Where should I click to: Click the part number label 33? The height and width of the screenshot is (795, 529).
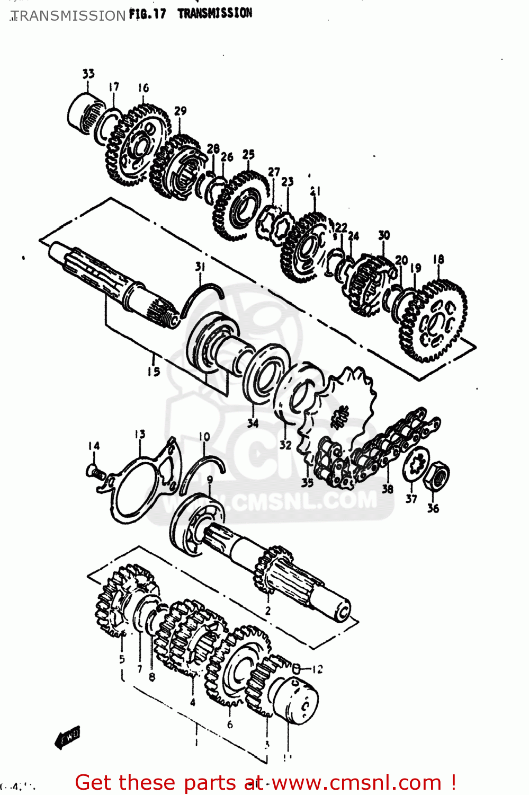coord(88,74)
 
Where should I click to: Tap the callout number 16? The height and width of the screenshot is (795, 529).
coord(143,88)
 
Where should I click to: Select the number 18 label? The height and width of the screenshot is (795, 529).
coord(438,259)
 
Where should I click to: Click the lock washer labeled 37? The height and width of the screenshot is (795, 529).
coord(416,465)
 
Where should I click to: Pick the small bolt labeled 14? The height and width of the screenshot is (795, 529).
coord(94,471)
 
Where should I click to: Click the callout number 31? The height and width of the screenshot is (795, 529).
coord(200,267)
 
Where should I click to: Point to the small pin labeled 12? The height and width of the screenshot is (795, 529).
coord(297,669)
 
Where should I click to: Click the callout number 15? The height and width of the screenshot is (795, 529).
coord(154,371)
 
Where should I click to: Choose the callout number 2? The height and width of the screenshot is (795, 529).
coord(268,611)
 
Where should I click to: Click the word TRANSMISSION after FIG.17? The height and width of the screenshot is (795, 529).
coord(214,13)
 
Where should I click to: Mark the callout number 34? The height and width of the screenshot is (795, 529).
coord(253,423)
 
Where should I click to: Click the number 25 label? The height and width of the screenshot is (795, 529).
coord(248,154)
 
